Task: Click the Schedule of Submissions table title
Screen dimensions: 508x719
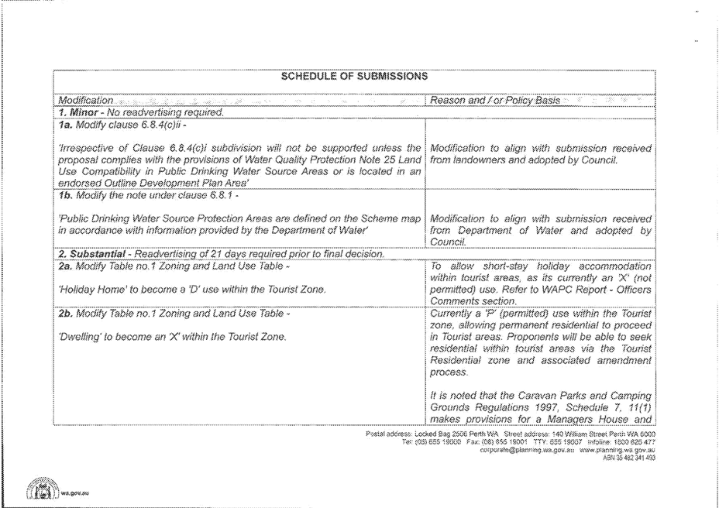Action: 356,77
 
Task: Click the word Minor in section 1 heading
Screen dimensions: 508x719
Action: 85,112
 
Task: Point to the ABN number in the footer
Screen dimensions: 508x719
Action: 628,457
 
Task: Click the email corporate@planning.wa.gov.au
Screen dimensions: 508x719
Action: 525,449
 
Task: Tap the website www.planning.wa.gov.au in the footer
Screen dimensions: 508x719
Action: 618,449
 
